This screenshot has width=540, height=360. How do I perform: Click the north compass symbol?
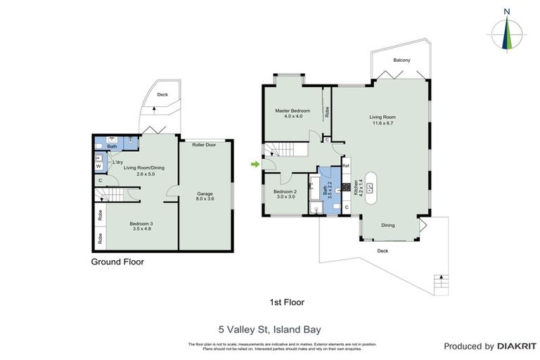pyautogui.click(x=506, y=32)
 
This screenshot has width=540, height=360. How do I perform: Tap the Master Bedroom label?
pyautogui.click(x=293, y=113)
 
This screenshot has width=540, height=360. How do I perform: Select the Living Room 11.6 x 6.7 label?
pyautogui.click(x=383, y=120)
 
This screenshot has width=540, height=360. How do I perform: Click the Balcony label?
pyautogui.click(x=401, y=60)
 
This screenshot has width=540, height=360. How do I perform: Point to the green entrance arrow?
pyautogui.click(x=253, y=165)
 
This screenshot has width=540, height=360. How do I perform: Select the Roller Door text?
pyautogui.click(x=204, y=144)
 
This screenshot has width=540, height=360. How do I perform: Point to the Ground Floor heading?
pyautogui.click(x=117, y=262)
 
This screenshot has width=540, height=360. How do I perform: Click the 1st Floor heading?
pyautogui.click(x=287, y=302)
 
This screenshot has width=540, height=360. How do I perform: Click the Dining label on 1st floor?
pyautogui.click(x=387, y=226)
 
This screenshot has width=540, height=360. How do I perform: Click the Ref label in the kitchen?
pyautogui.click(x=345, y=166)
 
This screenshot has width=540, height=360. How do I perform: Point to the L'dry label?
pyautogui.click(x=118, y=162)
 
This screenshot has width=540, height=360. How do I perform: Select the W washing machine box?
pyautogui.click(x=98, y=167)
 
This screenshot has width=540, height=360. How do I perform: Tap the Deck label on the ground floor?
pyautogui.click(x=162, y=94)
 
